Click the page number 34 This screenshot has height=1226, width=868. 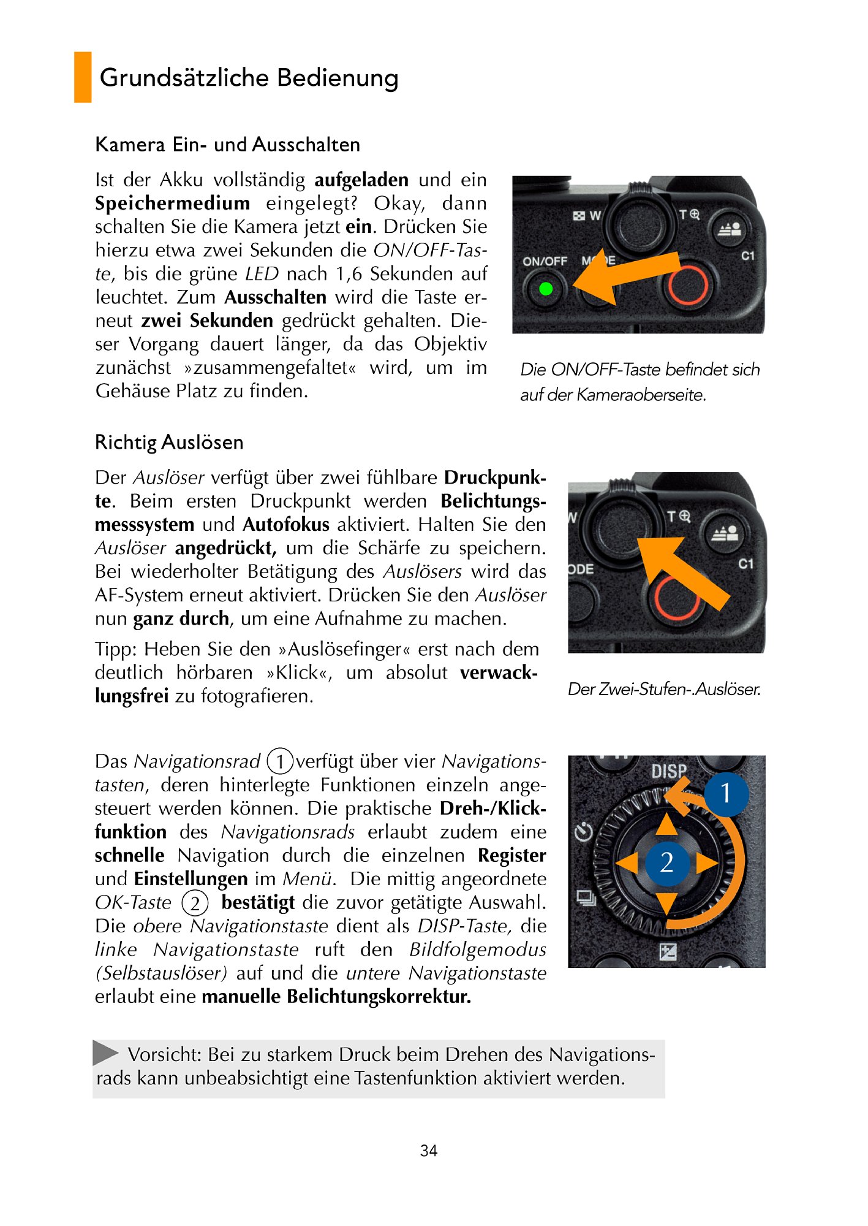429,1151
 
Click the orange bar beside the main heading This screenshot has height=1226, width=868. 83,77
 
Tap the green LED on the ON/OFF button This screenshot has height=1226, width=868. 545,289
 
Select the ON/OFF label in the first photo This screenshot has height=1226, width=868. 545,261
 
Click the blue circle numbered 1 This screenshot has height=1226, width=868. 726,793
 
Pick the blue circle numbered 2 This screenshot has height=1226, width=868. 666,862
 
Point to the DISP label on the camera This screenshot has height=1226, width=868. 668,771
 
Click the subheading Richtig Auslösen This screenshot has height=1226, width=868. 169,442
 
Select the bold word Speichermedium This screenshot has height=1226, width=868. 172,203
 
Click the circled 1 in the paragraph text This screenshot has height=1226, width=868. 280,761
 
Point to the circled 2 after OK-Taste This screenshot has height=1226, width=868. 195,903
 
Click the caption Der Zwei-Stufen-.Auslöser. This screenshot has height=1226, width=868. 664,689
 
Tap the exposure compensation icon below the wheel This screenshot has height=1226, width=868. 668,951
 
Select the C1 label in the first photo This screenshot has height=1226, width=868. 748,255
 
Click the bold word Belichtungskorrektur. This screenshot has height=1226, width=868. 379,996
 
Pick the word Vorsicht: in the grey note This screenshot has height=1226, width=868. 165,1054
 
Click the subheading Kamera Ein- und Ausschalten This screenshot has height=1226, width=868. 227,145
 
